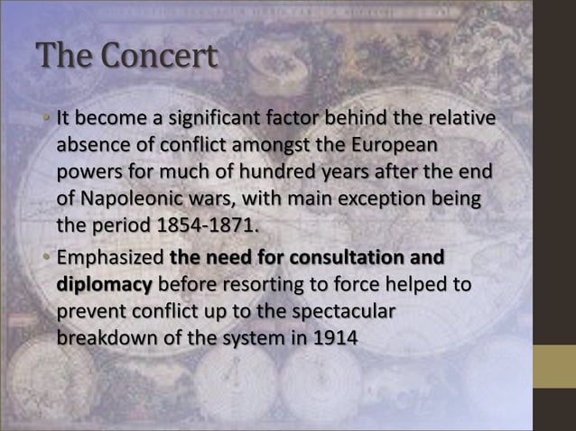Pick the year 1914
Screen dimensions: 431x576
coord(336,341)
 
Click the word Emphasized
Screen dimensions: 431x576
coord(105,259)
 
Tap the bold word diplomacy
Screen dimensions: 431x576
coord(105,286)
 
